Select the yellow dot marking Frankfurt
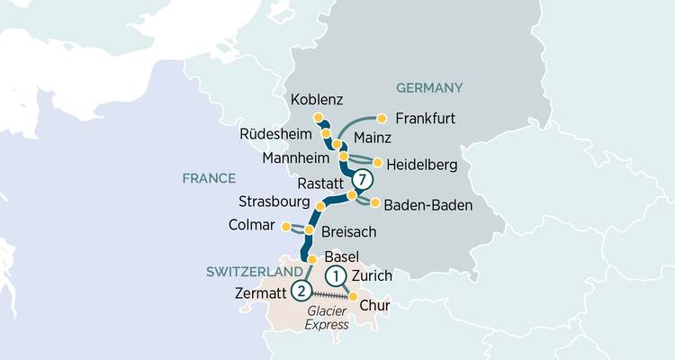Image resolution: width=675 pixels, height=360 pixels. (x=382, y=117)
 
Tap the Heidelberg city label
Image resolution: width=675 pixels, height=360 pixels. (x=424, y=165)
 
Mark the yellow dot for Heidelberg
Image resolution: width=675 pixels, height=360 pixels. (x=378, y=164)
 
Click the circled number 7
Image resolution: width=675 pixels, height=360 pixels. (x=361, y=180)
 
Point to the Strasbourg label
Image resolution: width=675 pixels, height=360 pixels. (x=274, y=200)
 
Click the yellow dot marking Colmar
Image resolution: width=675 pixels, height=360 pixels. (x=285, y=226)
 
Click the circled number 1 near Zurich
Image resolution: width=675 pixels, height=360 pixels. (x=335, y=275)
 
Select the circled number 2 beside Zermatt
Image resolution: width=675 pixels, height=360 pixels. (x=301, y=291)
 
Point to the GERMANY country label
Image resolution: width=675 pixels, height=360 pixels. (x=428, y=87)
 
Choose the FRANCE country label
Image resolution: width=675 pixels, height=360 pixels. (x=208, y=178)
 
